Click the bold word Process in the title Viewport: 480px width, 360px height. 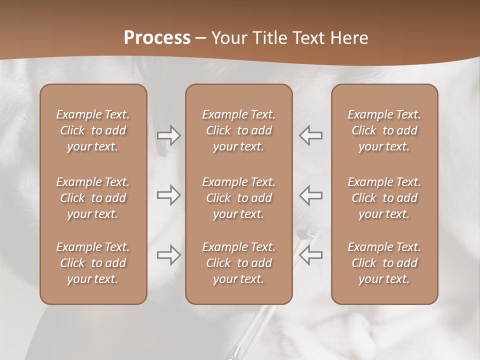pyautogui.click(x=157, y=38)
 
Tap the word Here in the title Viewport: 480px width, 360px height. pyautogui.click(x=349, y=38)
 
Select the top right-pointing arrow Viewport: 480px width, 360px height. pyautogui.click(x=169, y=135)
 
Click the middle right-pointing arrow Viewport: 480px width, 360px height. pyautogui.click(x=169, y=195)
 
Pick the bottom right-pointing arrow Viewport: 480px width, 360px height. pyautogui.click(x=169, y=255)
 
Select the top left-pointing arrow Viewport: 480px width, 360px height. pyautogui.click(x=310, y=135)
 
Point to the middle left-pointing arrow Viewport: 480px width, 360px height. pyautogui.click(x=310, y=195)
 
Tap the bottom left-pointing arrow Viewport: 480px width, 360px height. pyautogui.click(x=310, y=255)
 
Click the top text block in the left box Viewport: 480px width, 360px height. pyautogui.click(x=93, y=130)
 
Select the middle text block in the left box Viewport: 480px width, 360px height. pyautogui.click(x=93, y=198)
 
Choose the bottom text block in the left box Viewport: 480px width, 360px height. pyautogui.click(x=93, y=263)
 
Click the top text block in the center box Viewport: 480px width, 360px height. pyautogui.click(x=238, y=130)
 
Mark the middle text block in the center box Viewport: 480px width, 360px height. pyautogui.click(x=238, y=198)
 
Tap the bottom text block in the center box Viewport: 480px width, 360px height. pyautogui.click(x=238, y=263)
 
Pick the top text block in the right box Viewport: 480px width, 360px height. pyautogui.click(x=384, y=130)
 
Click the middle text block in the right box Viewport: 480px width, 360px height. pyautogui.click(x=384, y=198)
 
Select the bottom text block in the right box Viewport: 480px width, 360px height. pyautogui.click(x=384, y=263)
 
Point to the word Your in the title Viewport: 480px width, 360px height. pyautogui.click(x=228, y=38)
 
